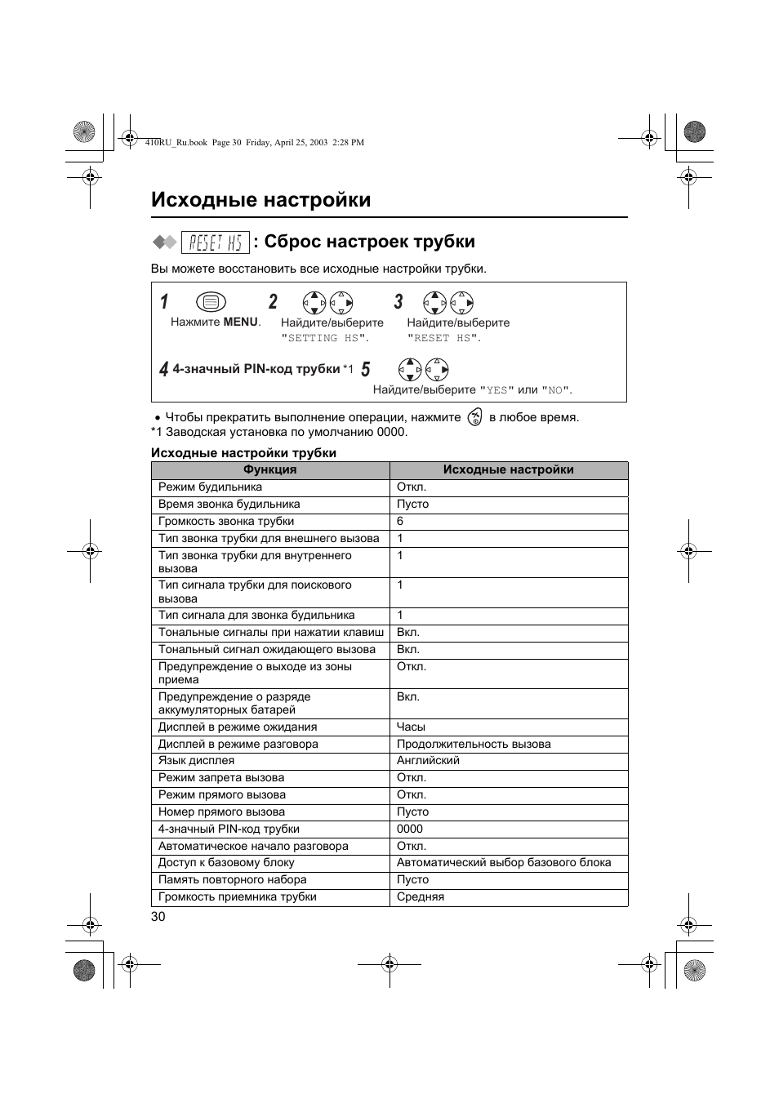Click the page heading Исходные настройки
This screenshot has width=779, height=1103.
260,200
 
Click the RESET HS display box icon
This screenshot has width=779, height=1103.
215,242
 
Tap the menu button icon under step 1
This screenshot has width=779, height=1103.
211,302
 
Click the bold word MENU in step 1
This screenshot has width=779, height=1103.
240,322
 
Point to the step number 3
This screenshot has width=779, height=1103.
398,302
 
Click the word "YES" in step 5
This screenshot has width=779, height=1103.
496,390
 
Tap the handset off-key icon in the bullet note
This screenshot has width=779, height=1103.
474,417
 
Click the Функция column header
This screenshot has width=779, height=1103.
269,469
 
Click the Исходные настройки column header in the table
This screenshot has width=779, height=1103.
508,469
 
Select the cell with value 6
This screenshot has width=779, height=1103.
400,521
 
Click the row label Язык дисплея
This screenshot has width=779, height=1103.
196,760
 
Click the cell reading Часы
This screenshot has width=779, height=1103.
411,727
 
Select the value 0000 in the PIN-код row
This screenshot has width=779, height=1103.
410,829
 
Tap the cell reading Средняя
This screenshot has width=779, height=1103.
421,896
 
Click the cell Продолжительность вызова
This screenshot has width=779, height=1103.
474,744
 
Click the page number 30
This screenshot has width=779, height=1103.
158,916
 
